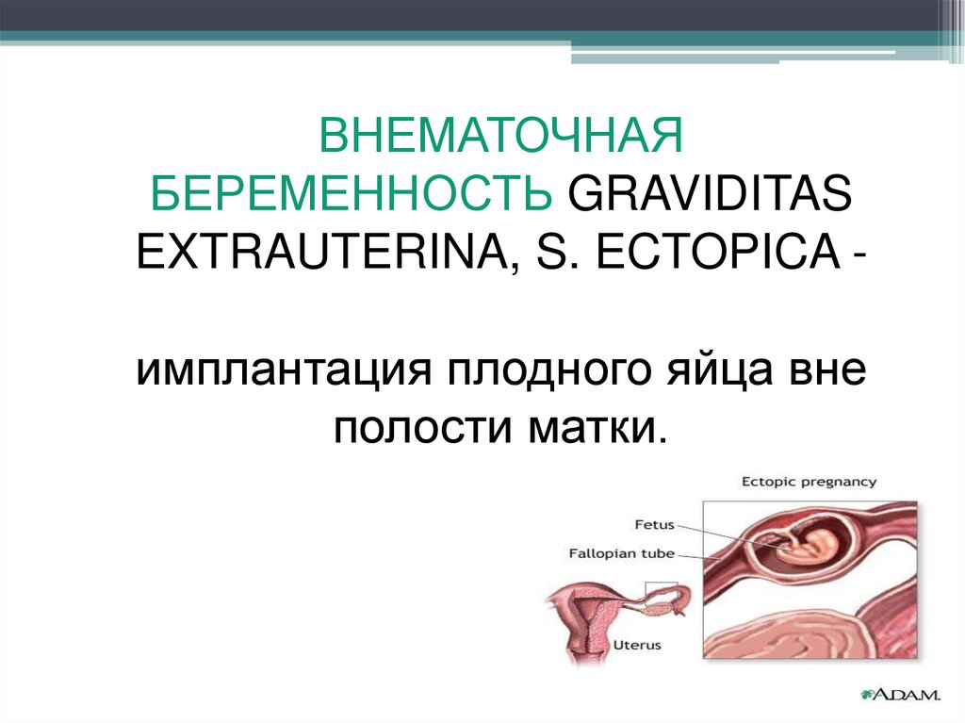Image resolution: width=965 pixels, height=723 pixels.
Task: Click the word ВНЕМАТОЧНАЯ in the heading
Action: coord(501,136)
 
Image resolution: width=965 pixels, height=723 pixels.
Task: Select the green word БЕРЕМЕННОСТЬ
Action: coord(351,192)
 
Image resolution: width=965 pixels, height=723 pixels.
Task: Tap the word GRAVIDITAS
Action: coord(711,192)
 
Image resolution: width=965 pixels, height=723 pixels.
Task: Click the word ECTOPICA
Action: coord(718,252)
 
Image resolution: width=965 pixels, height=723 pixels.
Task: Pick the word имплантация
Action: coord(284,370)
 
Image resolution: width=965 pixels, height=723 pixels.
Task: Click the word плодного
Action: coord(548,370)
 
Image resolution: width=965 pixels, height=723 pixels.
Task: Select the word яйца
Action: coord(719,370)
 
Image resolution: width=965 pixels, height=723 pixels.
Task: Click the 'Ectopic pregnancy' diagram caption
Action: coord(809,482)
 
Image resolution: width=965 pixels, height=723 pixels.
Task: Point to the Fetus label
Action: coord(654,525)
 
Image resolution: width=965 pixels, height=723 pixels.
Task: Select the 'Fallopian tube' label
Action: coord(622,553)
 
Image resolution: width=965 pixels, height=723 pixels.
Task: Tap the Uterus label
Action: coord(637,646)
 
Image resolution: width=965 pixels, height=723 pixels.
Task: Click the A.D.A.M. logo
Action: coord(900,695)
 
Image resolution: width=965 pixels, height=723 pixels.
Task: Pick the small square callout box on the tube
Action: coord(661,593)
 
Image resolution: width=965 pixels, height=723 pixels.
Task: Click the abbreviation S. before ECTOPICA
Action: coord(558,252)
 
